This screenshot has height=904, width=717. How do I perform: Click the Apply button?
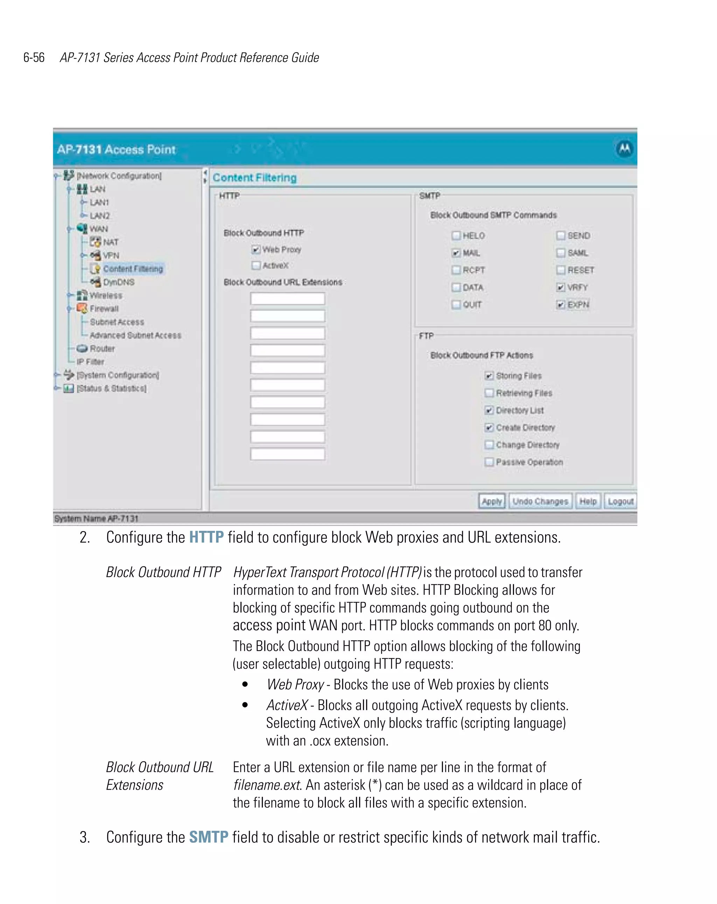coord(491,501)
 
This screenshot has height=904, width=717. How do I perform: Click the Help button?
coord(587,501)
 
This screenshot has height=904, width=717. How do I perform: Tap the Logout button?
coord(620,501)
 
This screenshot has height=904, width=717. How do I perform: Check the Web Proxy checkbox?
coord(256,250)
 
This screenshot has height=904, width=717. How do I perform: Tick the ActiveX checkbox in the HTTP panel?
coord(256,265)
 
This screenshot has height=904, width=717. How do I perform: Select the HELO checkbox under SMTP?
coord(456,236)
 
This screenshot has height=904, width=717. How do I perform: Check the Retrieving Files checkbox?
coord(489,393)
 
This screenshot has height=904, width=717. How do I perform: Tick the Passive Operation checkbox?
coord(489,462)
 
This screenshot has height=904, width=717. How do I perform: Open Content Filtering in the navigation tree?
coord(133,269)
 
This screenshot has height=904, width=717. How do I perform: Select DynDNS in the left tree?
coord(119,282)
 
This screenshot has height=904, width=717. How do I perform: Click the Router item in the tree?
coord(102,348)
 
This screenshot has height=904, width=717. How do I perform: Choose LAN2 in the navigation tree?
coord(100,216)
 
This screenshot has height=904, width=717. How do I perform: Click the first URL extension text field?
coord(287,299)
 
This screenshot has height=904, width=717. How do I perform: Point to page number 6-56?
coord(34,57)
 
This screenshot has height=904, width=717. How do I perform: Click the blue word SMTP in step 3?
coord(209,837)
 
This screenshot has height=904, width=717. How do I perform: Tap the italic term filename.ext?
coord(267,784)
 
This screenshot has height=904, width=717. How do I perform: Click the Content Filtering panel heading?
coord(255,178)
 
